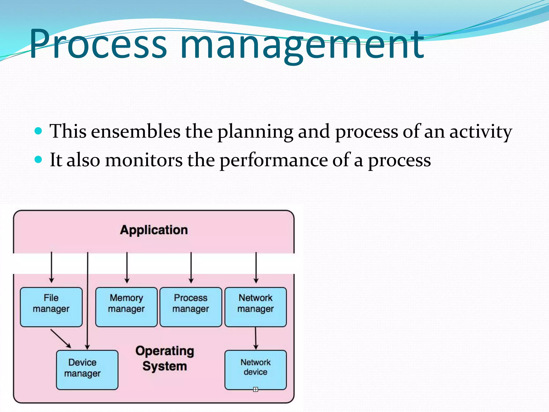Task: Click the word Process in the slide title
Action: point(98,44)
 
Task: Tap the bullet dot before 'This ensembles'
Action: point(39,131)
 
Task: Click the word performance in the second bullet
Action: point(273,160)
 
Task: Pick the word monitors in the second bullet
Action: point(143,160)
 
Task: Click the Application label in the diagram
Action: point(154,230)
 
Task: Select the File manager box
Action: point(51,307)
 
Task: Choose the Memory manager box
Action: point(126,307)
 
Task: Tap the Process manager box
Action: point(191,307)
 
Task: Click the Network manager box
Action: point(255,307)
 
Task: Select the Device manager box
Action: point(87,370)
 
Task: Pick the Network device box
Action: point(255,370)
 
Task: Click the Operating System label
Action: point(165,359)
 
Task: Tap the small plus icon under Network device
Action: point(255,389)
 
